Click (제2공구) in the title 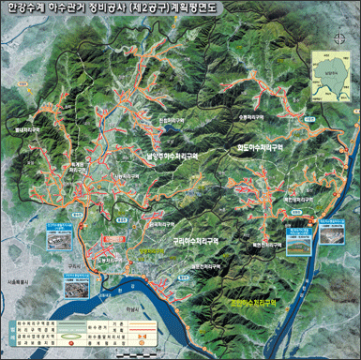click(x=177, y=8)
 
